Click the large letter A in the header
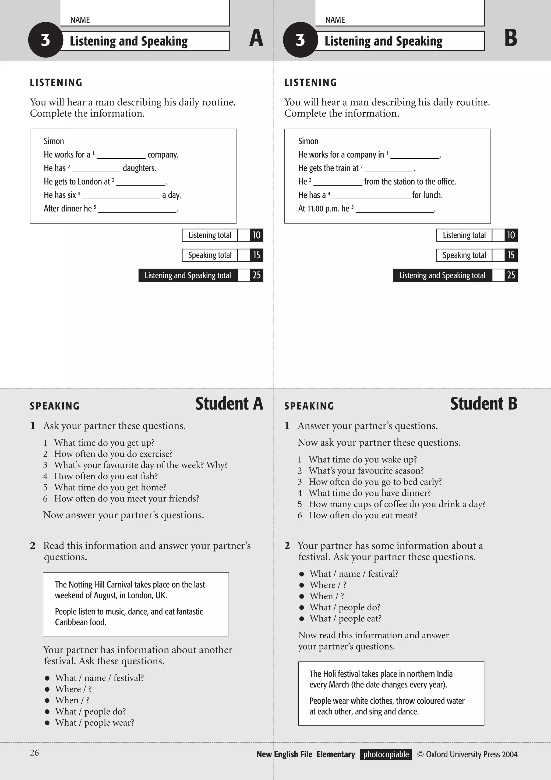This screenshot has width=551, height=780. [x=256, y=38]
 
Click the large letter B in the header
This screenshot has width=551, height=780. [x=511, y=38]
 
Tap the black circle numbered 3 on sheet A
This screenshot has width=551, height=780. [x=45, y=40]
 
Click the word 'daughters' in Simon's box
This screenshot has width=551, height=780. [x=139, y=168]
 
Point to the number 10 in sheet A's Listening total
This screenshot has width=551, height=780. [x=256, y=235]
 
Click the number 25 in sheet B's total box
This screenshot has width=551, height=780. [x=511, y=275]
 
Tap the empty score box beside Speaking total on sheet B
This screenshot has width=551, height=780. [x=498, y=255]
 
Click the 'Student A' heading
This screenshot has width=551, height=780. [x=229, y=404]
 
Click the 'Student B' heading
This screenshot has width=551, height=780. [x=483, y=404]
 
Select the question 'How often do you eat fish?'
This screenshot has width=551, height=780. [x=106, y=476]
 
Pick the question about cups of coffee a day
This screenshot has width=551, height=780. [x=397, y=504]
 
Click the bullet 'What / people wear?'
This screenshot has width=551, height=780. [x=94, y=722]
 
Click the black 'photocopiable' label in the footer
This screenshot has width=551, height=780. [x=386, y=754]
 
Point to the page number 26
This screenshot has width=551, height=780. [x=34, y=753]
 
